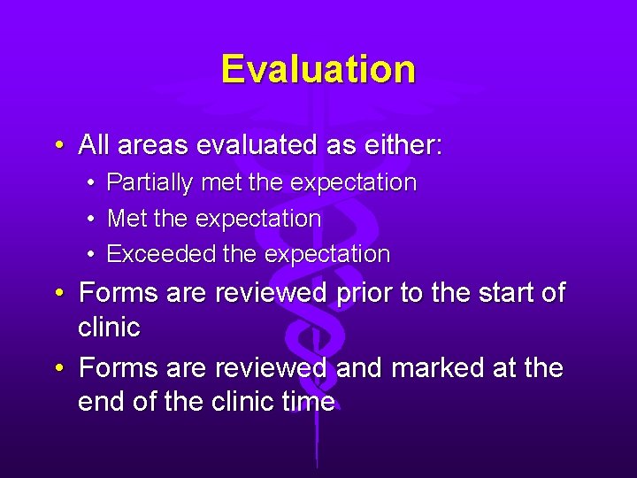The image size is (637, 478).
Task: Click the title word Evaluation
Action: pyautogui.click(x=318, y=69)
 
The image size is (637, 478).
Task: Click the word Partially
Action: pyautogui.click(x=150, y=183)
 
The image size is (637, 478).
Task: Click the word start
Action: pyautogui.click(x=500, y=292)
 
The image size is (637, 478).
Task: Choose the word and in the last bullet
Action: pyautogui.click(x=357, y=367)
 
